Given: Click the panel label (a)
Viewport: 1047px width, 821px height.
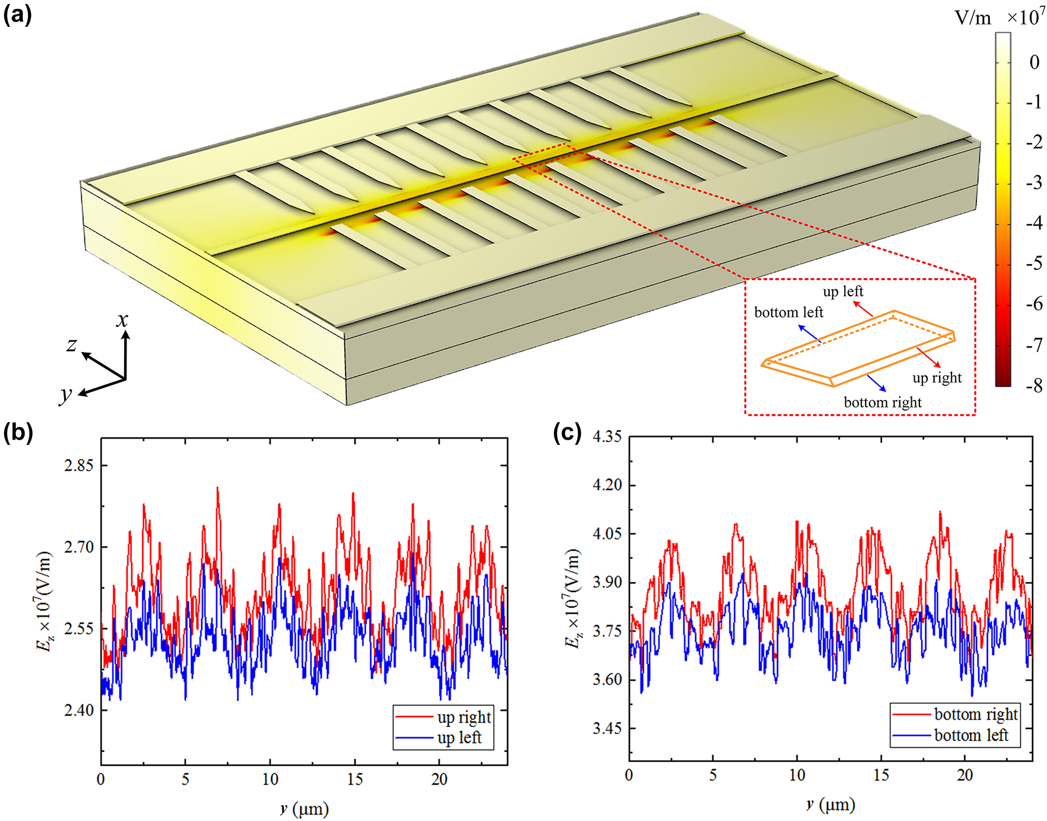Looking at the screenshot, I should coord(17,14).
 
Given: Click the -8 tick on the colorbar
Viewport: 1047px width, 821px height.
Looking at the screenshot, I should coord(1034,385).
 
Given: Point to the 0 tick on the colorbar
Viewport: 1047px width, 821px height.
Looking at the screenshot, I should coord(1034,62).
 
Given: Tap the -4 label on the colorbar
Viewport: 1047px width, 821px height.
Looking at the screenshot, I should coord(1034,223).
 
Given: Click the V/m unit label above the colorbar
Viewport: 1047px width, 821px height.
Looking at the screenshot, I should coord(972,18).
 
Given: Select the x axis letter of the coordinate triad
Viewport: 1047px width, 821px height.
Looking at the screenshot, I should coord(122,319).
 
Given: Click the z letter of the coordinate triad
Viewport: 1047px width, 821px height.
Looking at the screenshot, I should coord(71,345).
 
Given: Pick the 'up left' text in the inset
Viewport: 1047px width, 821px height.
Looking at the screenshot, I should coord(842,291).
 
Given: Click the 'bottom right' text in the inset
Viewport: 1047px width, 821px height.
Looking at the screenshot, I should coord(882,402).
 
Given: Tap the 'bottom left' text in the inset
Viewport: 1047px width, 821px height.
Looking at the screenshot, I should coord(788,312).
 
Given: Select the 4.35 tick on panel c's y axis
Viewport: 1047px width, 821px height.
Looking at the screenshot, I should coord(607,436).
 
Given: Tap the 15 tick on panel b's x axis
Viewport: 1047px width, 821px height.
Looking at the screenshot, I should coord(354,779).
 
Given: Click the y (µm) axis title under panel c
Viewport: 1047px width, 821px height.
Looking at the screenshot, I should coord(830,805).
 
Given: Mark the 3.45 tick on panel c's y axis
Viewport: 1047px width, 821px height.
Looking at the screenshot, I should coord(607,728).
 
